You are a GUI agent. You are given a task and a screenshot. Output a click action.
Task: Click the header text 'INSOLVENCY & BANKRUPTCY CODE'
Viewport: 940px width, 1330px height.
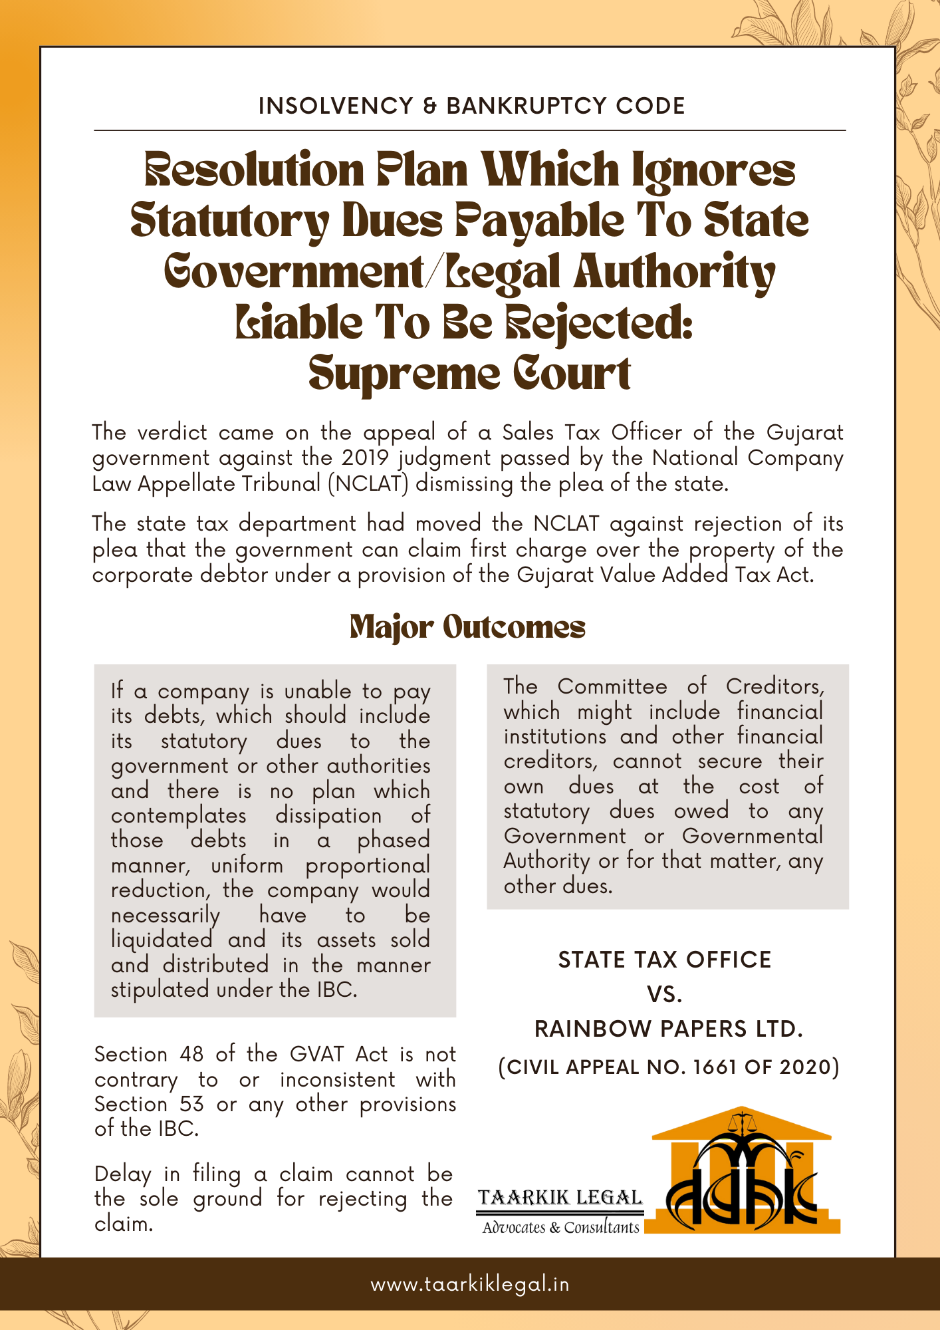click(471, 106)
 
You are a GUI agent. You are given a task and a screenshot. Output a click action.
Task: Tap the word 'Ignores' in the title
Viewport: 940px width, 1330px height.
click(713, 170)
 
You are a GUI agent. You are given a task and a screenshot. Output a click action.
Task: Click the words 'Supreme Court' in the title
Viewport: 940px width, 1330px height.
click(469, 374)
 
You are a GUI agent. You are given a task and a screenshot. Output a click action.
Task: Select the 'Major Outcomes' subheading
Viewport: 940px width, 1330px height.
click(467, 627)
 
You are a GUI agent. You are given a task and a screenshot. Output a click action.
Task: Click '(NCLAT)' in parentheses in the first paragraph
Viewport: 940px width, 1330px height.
click(368, 483)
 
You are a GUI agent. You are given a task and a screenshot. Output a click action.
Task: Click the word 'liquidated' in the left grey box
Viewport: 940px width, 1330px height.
click(162, 940)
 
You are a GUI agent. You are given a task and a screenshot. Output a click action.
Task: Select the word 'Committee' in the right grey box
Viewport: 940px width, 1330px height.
click(612, 686)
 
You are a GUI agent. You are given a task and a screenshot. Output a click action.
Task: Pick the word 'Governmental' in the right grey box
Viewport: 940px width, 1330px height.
click(752, 836)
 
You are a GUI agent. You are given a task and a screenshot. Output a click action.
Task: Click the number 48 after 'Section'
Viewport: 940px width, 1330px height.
click(191, 1054)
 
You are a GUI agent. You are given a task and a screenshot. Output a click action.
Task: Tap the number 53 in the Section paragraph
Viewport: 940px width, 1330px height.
click(191, 1104)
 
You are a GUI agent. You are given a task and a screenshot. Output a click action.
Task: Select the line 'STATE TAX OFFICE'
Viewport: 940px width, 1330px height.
click(665, 960)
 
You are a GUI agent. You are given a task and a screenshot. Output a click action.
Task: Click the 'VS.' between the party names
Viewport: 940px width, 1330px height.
click(665, 995)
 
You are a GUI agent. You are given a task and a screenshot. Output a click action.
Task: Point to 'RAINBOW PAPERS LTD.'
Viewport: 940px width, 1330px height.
click(669, 1029)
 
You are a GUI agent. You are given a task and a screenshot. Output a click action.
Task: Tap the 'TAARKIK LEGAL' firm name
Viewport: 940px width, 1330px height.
click(560, 1198)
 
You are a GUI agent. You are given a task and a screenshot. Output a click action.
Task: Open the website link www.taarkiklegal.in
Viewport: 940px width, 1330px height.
click(470, 1284)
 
